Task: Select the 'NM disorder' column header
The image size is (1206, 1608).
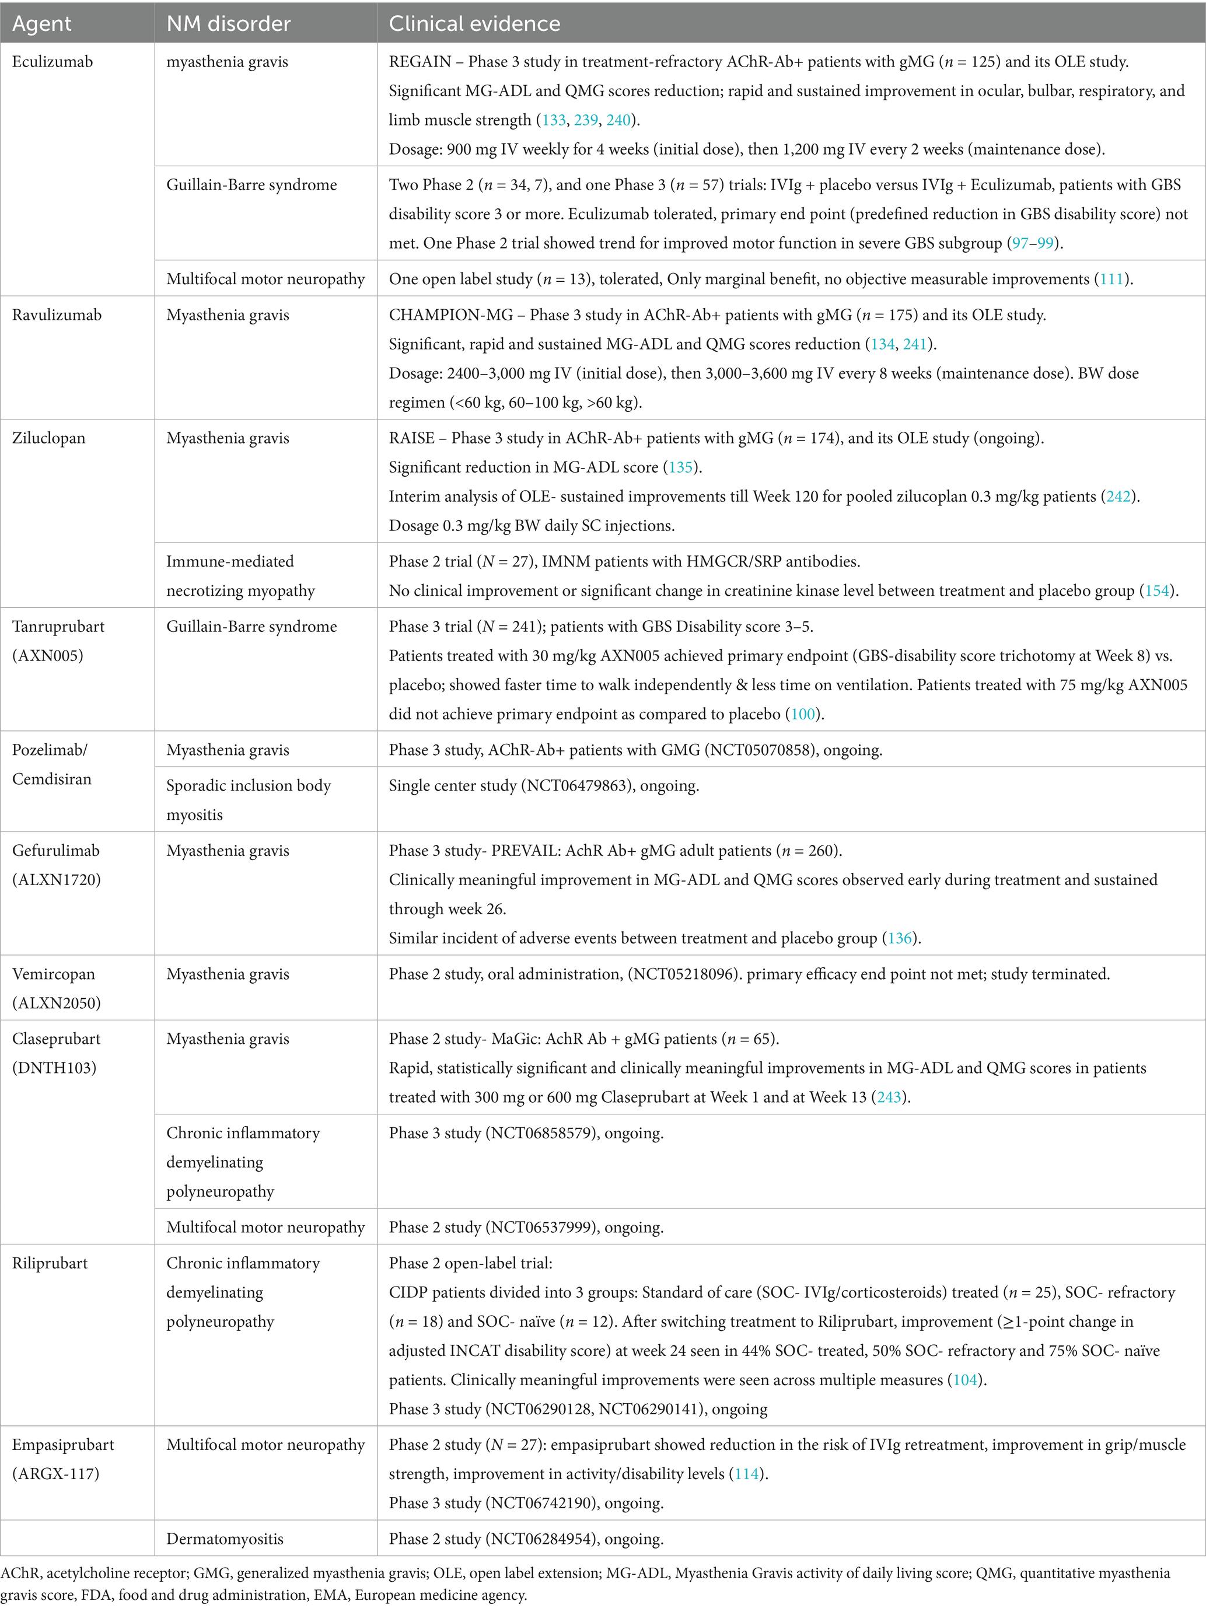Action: point(228,24)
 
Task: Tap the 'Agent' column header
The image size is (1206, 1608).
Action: point(42,24)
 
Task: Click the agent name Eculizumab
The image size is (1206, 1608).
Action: point(53,62)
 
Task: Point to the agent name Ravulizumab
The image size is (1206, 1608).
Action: point(57,314)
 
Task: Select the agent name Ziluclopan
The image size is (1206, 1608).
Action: point(48,438)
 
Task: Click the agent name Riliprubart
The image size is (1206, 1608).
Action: point(50,1263)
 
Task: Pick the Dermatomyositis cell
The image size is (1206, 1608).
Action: point(225,1538)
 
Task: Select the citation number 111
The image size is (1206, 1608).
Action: point(1111,279)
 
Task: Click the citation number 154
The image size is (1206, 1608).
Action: point(1158,590)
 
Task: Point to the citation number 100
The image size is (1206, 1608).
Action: point(803,714)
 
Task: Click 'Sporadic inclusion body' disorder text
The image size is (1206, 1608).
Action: point(249,786)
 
